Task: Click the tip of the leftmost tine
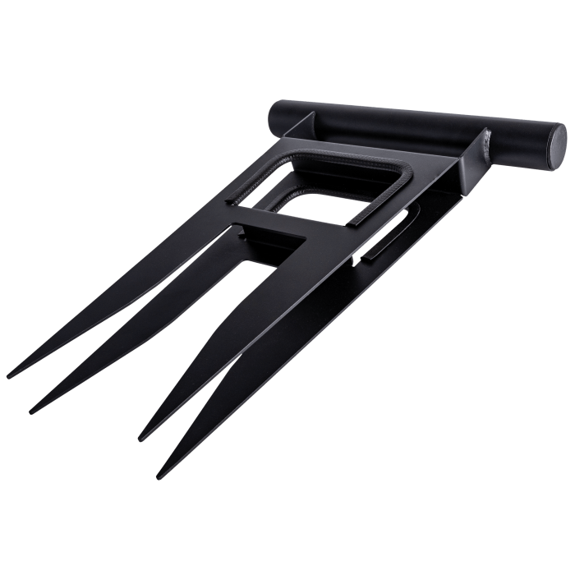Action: [x=10, y=375]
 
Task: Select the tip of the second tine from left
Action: [x=34, y=409]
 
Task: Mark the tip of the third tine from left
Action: [x=141, y=436]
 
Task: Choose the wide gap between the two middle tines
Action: [x=189, y=345]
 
